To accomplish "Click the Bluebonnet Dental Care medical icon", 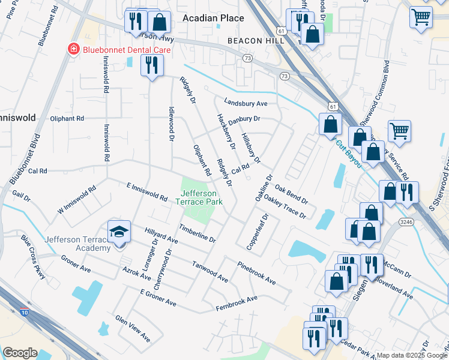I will coord(73,49).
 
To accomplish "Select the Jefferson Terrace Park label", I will coord(203,197).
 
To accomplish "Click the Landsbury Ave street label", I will coord(246,103).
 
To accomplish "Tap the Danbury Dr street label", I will coord(244,119).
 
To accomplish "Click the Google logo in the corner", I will coord(20,352).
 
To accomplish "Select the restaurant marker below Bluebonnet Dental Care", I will coord(151,64).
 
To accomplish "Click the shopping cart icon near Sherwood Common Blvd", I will coord(399,130).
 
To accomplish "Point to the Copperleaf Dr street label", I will coord(256,230).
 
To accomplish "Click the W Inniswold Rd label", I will coord(76,201).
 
